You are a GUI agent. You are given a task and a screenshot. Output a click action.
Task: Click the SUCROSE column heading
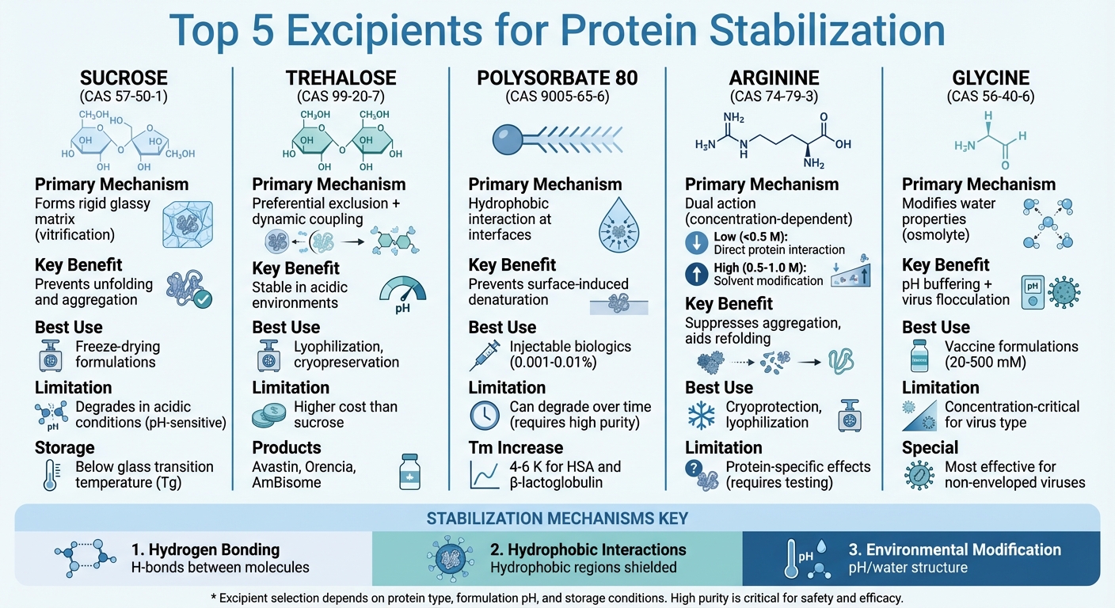click(124, 78)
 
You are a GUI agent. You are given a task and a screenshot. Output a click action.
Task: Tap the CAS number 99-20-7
click(340, 97)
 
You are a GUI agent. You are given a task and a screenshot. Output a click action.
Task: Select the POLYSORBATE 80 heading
click(557, 78)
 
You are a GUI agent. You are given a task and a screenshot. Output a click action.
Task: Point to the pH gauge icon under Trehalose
click(403, 298)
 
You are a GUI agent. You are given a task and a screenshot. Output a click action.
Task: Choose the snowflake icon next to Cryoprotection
click(700, 415)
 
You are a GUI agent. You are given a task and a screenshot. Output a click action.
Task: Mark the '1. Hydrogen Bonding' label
click(205, 549)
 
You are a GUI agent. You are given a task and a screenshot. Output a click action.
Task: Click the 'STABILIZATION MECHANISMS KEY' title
click(557, 519)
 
